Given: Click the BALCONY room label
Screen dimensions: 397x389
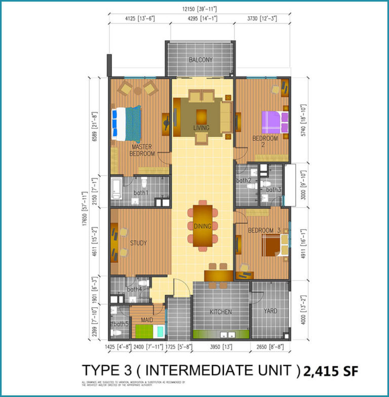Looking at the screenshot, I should (x=201, y=60).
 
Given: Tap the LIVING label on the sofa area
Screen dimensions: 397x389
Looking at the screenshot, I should (x=201, y=128).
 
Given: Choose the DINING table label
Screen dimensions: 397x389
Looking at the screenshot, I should (x=202, y=226).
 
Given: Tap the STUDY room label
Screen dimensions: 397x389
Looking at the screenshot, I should (x=138, y=243).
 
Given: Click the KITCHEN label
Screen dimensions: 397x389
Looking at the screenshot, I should (x=221, y=312).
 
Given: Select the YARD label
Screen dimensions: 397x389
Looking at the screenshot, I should (x=270, y=311).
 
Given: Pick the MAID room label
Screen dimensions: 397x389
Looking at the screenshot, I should (x=147, y=320).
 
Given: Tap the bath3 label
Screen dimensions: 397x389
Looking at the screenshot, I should (x=274, y=190).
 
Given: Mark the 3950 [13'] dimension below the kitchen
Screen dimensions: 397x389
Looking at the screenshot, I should (x=221, y=347).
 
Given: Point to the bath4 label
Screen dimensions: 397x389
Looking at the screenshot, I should (x=134, y=290).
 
